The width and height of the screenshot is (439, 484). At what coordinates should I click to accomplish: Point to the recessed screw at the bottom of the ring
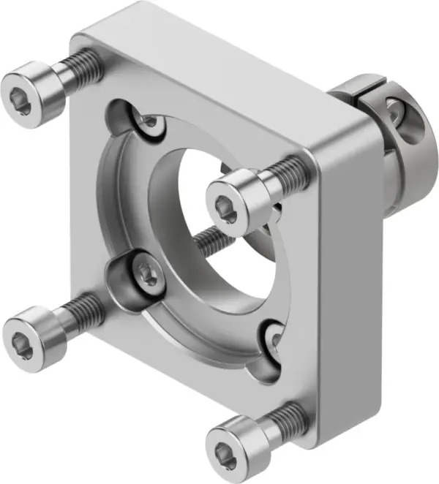click(273, 337)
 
